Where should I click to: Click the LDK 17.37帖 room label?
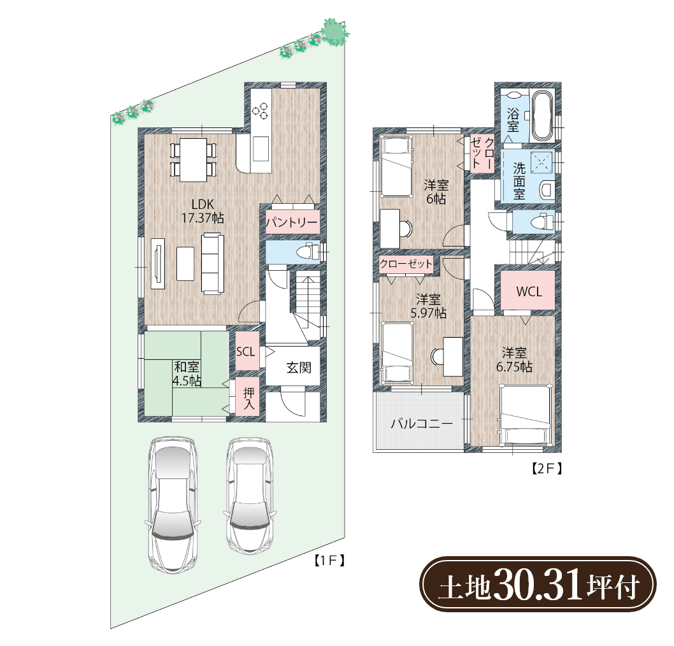pyautogui.click(x=203, y=211)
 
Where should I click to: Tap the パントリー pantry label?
pyautogui.click(x=292, y=222)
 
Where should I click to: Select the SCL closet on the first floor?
pyautogui.click(x=247, y=351)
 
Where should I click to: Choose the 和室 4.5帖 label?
pyautogui.click(x=187, y=373)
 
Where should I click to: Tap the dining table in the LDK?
pyautogui.click(x=193, y=159)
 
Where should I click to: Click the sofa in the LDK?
pyautogui.click(x=213, y=264)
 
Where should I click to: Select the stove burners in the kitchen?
pyautogui.click(x=260, y=110)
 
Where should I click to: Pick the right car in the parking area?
pyautogui.click(x=250, y=496)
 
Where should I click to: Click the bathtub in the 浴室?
pyautogui.click(x=542, y=115)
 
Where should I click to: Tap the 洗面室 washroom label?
pyautogui.click(x=519, y=181)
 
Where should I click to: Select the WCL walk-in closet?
pyautogui.click(x=529, y=291)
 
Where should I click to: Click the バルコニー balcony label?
pyautogui.click(x=421, y=424)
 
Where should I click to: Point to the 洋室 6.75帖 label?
pyautogui.click(x=514, y=360)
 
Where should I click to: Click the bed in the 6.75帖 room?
pyautogui.click(x=525, y=415)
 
